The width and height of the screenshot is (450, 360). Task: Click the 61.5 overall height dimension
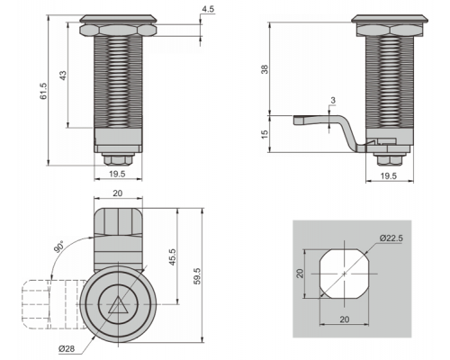coord(44,91)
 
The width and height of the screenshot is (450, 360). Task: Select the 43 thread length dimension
coord(63,76)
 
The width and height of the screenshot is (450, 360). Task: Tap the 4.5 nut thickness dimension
coord(208,9)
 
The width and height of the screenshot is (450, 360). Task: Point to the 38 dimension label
coord(265,69)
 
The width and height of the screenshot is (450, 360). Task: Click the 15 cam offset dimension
coord(265,134)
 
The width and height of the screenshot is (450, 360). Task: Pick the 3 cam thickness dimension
coord(333,101)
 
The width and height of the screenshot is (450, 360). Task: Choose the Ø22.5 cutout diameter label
coord(391,238)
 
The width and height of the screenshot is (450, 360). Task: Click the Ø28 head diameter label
coord(67,348)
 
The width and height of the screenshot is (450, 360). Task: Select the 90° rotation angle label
coord(58,247)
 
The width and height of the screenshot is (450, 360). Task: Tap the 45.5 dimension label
coord(172,257)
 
